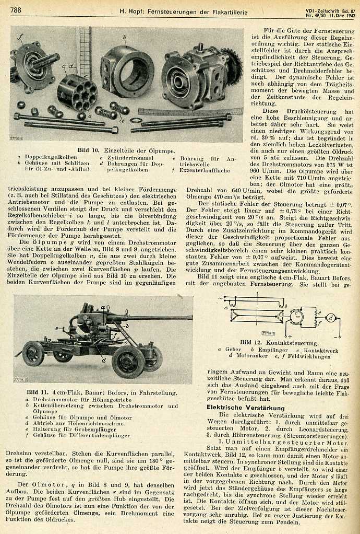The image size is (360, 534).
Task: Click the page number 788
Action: [16, 10]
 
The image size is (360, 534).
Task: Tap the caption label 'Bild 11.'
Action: [39, 392]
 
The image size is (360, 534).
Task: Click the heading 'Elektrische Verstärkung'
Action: [238, 407]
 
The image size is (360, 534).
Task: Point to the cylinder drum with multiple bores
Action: [77, 91]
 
